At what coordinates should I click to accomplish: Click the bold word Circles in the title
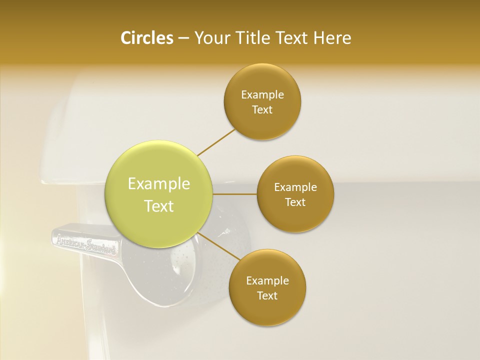[x=147, y=38]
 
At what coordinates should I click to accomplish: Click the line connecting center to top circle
[x=216, y=141]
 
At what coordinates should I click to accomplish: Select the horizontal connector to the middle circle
[x=234, y=193]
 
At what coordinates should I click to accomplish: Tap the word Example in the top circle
[x=262, y=95]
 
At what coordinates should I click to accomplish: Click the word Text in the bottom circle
[x=267, y=295]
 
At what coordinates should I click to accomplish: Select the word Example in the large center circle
[x=159, y=184]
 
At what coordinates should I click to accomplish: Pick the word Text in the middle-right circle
[x=295, y=202]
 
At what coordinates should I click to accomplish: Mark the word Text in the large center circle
[x=159, y=206]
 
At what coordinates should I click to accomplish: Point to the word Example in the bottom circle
[x=267, y=281]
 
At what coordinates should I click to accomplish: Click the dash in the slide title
[x=183, y=38]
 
